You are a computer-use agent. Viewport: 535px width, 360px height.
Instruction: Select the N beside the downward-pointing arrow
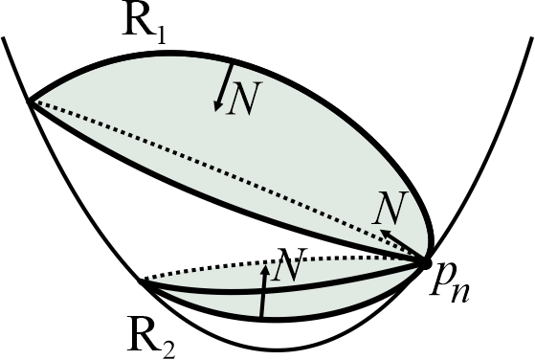[243, 101]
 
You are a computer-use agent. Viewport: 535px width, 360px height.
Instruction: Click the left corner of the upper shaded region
[30, 100]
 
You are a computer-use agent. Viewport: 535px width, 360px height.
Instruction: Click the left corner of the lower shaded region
[143, 282]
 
